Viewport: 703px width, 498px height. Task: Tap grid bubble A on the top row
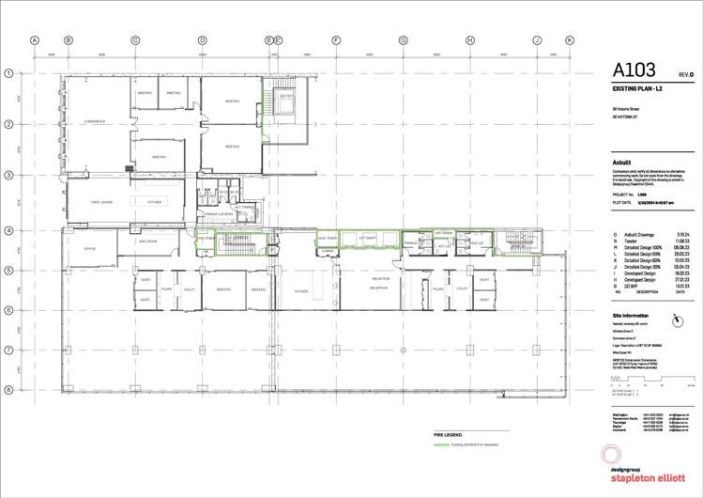35,40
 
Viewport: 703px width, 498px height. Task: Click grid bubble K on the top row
569,40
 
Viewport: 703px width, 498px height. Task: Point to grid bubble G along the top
403,40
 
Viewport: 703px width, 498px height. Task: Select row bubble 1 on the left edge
8,73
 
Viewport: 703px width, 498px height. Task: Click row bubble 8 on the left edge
8,389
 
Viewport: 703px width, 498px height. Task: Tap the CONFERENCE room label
95,120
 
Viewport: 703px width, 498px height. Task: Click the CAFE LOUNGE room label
101,202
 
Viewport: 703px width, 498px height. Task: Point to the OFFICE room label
90,249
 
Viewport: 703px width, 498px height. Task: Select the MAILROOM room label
147,241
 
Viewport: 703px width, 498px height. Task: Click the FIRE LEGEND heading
449,436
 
